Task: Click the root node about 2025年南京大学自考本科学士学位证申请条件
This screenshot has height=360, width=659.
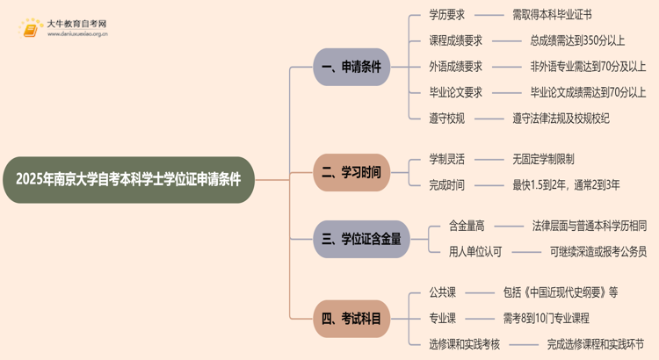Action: tap(128, 179)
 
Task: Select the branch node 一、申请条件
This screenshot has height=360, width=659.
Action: tap(351, 67)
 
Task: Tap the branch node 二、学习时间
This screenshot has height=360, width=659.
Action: tap(351, 172)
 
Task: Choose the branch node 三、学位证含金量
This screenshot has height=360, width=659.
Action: tap(361, 239)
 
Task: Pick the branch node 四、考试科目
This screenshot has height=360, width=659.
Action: tap(351, 319)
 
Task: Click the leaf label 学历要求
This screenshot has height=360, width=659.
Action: tap(446, 15)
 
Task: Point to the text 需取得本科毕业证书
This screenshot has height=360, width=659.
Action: tap(552, 15)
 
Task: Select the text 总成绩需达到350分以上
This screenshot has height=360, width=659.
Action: tap(577, 40)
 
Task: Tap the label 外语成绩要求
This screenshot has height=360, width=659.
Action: tap(455, 67)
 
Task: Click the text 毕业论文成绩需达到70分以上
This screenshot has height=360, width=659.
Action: tap(587, 92)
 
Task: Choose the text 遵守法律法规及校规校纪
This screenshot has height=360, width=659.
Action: tap(561, 118)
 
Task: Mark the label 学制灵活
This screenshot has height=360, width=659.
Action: tap(446, 159)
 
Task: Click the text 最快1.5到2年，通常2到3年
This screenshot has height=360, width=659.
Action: tap(566, 184)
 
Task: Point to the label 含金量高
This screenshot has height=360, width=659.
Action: tap(467, 226)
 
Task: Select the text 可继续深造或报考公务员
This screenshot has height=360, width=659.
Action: tap(597, 251)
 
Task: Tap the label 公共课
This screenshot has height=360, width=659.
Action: tap(442, 292)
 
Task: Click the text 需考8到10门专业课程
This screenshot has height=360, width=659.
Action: tap(546, 318)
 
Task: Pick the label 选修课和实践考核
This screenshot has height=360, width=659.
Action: tap(464, 343)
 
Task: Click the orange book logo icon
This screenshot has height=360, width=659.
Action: tap(32, 28)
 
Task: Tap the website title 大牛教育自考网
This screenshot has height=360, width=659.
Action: tap(76, 24)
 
